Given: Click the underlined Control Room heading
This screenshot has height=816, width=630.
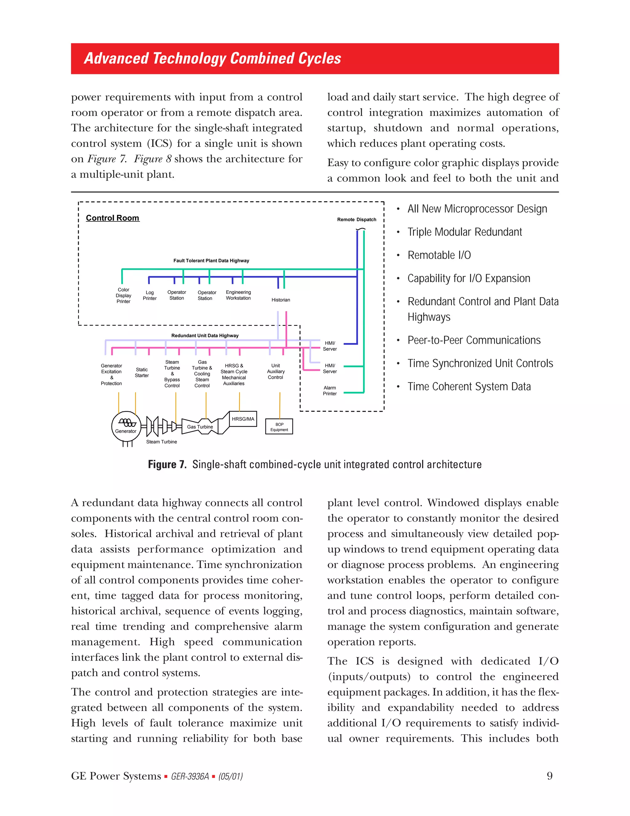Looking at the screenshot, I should coord(112,218).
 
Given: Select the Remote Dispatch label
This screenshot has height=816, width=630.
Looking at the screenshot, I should coord(357,220).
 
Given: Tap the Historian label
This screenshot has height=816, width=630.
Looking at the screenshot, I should coord(281,300).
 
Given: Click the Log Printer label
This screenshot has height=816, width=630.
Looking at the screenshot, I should coord(150,296).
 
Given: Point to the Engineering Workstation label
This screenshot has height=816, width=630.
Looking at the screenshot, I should coord(238,295).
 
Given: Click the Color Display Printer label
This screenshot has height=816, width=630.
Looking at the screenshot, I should coord(124,296).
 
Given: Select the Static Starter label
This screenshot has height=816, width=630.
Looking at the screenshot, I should coord(142,373).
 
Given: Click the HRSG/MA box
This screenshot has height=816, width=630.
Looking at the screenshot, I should coord(243,419).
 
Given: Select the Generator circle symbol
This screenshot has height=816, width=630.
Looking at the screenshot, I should coord(126,426).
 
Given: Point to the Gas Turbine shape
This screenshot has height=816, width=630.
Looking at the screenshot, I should coord(200,427).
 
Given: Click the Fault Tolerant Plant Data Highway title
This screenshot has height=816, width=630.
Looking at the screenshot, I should coord(211,261).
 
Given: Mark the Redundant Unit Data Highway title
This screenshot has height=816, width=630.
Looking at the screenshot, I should coord(205,336).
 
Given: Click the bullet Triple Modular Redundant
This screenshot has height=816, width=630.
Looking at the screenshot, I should coord(465,232).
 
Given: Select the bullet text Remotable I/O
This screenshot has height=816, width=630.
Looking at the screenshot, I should coord(439,255).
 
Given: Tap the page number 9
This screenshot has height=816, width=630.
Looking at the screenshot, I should coord(549,776).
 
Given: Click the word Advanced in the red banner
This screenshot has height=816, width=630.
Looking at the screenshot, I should coord(116,58).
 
